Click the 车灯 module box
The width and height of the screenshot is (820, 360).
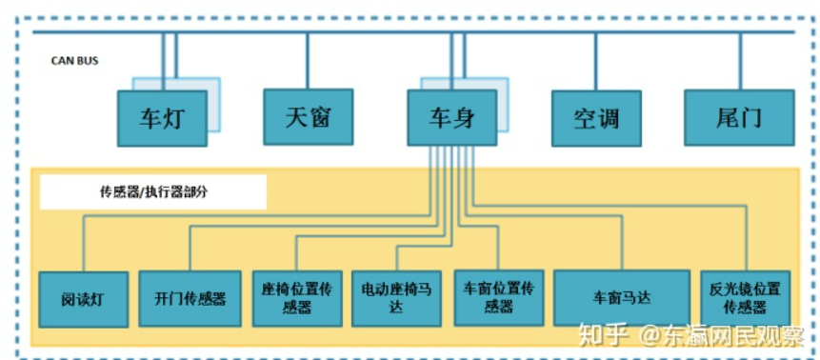tap(162, 118)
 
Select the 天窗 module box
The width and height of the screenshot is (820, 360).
tap(308, 117)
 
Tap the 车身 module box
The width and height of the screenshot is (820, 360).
tap(451, 118)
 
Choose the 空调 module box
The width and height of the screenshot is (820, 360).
tap(596, 119)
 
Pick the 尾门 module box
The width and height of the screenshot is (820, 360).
tap(738, 118)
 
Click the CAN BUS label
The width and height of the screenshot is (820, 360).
tap(74, 61)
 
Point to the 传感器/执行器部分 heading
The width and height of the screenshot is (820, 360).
tap(153, 191)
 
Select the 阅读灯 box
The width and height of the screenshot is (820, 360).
tap(83, 299)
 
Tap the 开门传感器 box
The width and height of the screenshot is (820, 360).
tap(190, 298)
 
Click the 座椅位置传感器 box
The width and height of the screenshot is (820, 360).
tap(297, 298)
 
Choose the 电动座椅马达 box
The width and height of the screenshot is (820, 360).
tap(397, 298)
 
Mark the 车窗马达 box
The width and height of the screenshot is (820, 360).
tap(621, 298)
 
